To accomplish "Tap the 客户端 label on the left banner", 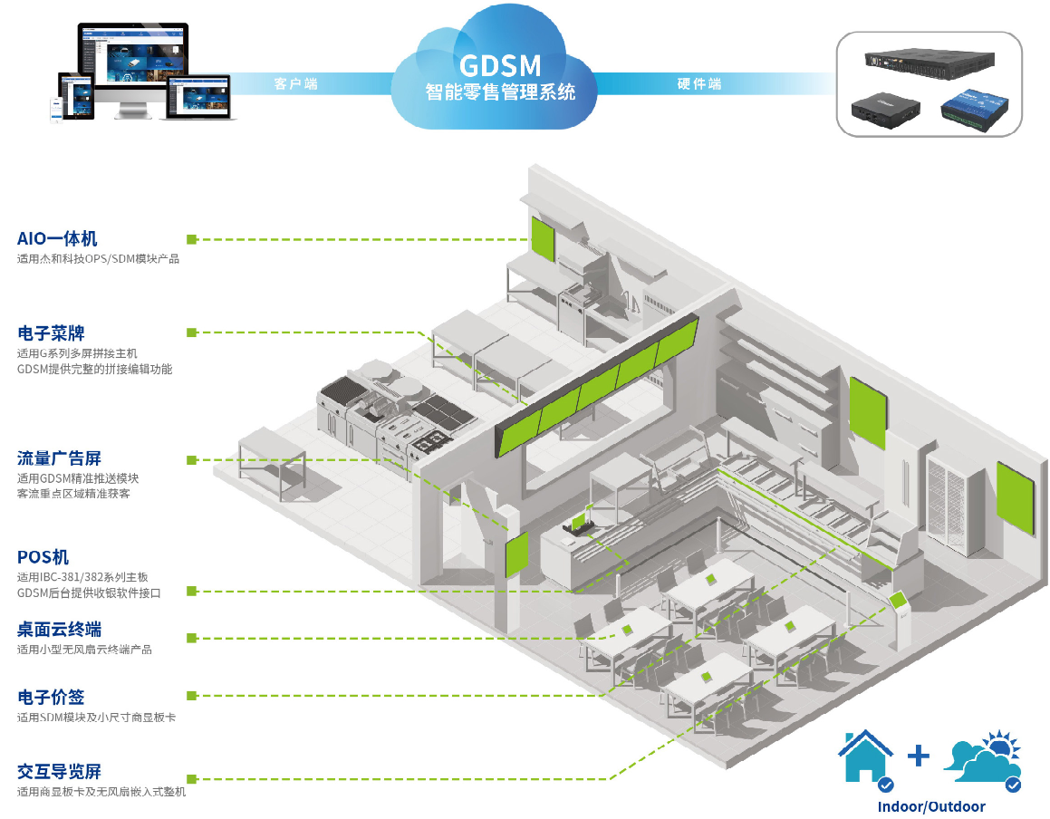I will click(295, 84).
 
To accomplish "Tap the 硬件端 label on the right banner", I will click(699, 84).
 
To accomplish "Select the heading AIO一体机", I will click(57, 239).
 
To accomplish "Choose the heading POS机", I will click(43, 556).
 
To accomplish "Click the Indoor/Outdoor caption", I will click(931, 806).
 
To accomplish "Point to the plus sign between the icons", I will click(919, 755).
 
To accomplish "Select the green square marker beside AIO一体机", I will click(192, 239).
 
